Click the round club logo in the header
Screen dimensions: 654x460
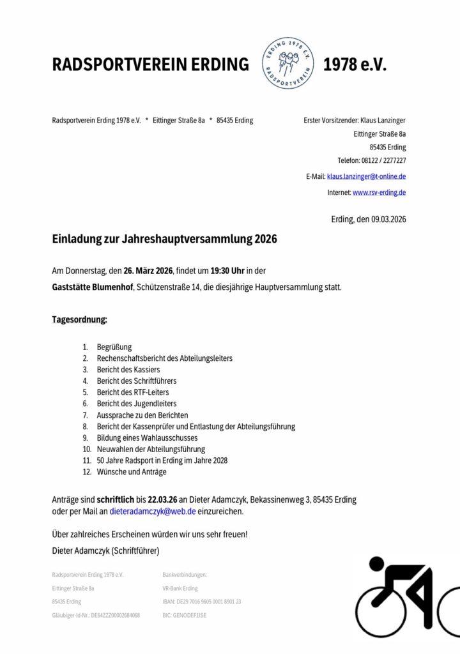click(x=286, y=63)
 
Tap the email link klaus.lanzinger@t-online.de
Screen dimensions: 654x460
click(x=366, y=176)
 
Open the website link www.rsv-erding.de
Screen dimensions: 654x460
click(x=379, y=192)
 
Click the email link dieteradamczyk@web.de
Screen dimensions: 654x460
click(x=153, y=512)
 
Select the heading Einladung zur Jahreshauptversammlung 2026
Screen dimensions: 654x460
click(x=164, y=240)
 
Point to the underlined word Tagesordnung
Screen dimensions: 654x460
click(x=79, y=319)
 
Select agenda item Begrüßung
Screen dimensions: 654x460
click(x=114, y=347)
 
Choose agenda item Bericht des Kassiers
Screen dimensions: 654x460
click(x=128, y=370)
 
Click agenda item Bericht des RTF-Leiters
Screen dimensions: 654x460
click(x=133, y=392)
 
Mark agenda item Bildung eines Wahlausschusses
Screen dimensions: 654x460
click(x=147, y=438)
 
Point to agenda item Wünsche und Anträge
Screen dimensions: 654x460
click(x=132, y=472)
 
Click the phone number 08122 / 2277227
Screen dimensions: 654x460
click(x=381, y=160)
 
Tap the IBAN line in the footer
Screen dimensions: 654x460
click(x=202, y=602)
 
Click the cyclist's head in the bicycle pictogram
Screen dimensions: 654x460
click(x=377, y=565)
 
